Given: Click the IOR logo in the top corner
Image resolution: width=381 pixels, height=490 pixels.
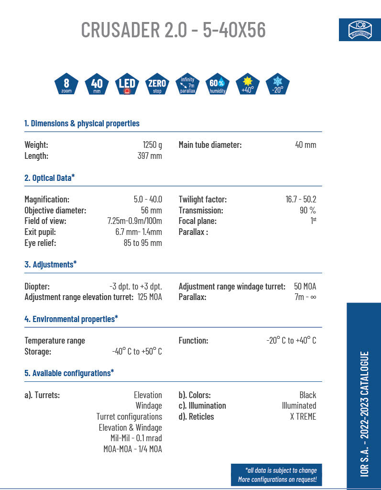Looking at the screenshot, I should click(359, 30).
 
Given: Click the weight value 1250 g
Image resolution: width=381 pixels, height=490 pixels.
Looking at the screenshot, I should click(152, 145).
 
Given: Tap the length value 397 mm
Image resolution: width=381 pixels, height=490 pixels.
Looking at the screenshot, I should click(150, 156).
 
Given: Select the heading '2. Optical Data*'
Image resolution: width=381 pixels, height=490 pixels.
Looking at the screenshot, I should click(50, 178).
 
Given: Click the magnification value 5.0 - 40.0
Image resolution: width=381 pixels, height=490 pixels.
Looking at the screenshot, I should click(148, 200).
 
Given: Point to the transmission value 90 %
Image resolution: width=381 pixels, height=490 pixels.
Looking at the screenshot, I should click(308, 211).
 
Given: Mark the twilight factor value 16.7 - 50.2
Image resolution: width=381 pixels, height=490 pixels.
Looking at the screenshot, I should click(301, 200).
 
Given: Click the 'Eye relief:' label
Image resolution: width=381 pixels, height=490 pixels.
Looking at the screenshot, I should click(40, 243).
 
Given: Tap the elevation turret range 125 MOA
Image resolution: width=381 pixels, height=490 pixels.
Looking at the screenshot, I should click(149, 298).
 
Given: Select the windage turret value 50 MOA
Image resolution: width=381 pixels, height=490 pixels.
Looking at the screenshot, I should click(305, 287).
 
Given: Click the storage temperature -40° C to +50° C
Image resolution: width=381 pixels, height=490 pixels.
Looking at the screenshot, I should click(137, 352).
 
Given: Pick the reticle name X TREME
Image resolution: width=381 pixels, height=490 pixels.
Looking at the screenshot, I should click(303, 417).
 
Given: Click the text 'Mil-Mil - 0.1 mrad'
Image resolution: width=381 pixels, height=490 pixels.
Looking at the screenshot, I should click(136, 438).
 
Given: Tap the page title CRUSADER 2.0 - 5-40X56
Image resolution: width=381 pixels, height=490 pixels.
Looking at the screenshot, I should click(173, 30).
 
